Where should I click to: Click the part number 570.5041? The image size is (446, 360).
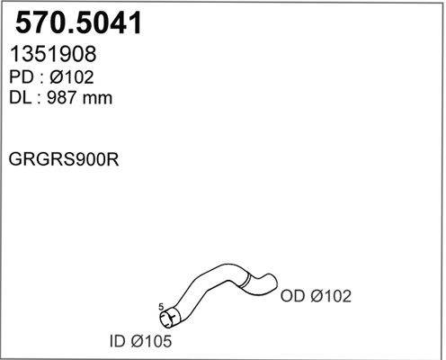pos(78,22)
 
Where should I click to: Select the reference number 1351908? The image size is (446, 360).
pos(53,54)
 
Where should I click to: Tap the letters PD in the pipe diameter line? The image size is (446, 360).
pos(21,77)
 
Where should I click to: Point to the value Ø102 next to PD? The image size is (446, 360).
pos(72,77)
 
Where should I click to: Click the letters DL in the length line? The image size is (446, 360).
pos(20,98)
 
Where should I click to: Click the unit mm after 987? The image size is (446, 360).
pos(97,99)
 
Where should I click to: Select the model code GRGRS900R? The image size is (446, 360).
pos(64,159)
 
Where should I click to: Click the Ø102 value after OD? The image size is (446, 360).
pos(331,296)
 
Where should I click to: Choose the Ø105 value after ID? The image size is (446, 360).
pos(151,341)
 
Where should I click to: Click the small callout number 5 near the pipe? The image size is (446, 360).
pos(161,307)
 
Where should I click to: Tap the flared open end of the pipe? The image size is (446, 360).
pos(169,318)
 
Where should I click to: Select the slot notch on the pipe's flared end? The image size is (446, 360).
pos(172,316)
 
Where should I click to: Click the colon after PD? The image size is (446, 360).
pos(40,78)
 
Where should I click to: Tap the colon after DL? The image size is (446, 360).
pos(39,99)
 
